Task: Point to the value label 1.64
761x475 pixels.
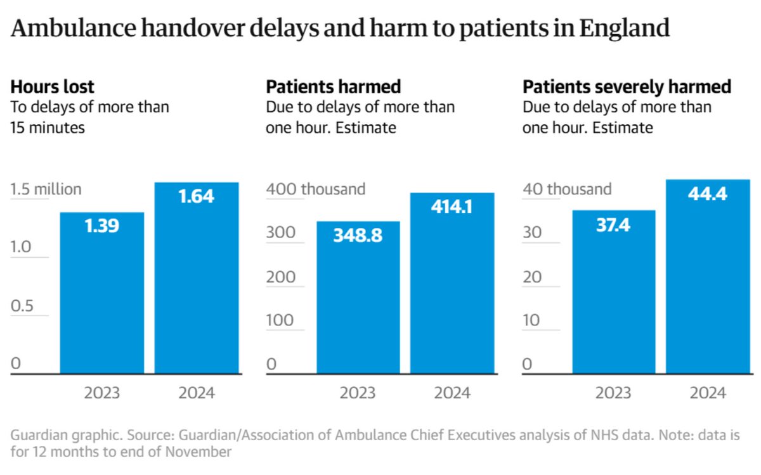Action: point(196,196)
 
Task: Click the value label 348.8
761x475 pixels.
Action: point(358,235)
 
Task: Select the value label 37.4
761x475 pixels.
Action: point(613,224)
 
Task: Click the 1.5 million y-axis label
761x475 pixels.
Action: point(46,189)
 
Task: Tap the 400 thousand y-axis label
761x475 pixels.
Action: point(316,189)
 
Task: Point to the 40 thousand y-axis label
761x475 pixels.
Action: point(567,189)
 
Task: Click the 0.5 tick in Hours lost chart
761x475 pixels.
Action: point(22,305)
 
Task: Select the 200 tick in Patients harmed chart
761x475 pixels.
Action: point(280,277)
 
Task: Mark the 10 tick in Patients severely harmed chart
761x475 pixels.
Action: point(531,320)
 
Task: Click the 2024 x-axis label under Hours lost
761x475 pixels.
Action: point(196,393)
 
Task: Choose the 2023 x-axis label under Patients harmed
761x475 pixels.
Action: point(358,393)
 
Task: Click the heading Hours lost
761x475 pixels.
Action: point(53,86)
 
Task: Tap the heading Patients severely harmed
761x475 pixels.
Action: point(627,86)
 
